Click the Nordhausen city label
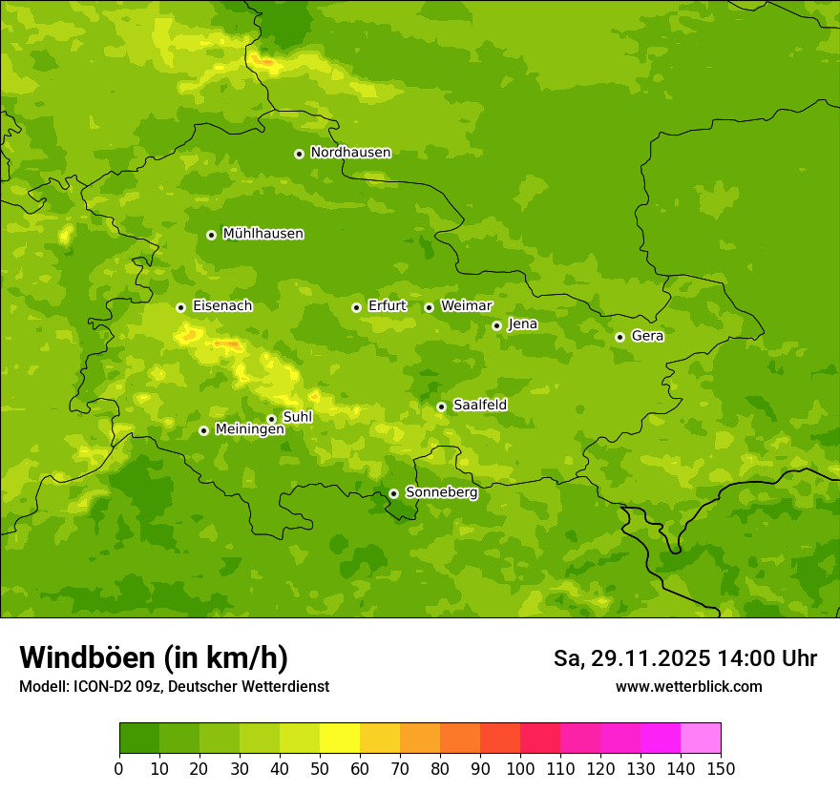tap(350, 153)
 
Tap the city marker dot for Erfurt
tap(356, 307)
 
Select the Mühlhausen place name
tap(262, 234)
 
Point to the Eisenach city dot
tap(180, 307)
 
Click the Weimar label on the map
tap(466, 306)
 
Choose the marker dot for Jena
tap(496, 325)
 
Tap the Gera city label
tap(647, 336)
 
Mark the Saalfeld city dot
tap(441, 406)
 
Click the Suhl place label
tap(298, 417)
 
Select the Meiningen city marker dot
tap(203, 430)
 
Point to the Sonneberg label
tap(441, 492)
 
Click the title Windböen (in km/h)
tap(154, 657)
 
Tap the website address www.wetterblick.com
tap(688, 686)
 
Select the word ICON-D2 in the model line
tap(108, 687)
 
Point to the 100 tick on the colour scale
tap(520, 769)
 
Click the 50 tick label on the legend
tap(320, 769)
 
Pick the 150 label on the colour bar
tap(721, 769)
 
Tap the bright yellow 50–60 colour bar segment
tap(340, 739)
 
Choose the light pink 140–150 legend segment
tap(701, 739)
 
